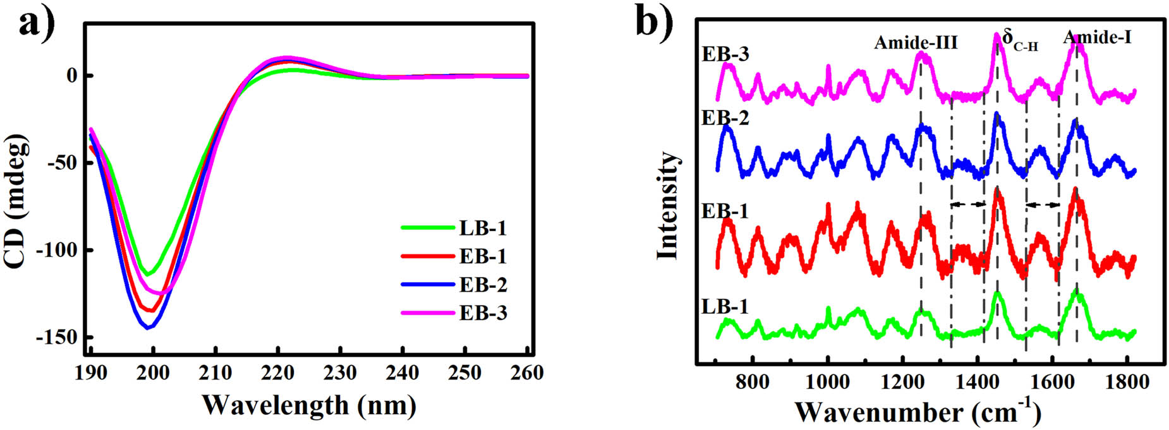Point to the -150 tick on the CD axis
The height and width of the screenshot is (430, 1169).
(59, 338)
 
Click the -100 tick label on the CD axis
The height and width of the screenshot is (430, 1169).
(59, 251)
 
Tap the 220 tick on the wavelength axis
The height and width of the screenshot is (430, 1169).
(279, 373)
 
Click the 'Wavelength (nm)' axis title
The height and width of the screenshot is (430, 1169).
(309, 405)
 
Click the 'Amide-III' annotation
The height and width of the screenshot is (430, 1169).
(916, 42)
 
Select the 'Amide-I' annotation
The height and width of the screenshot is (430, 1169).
(1097, 37)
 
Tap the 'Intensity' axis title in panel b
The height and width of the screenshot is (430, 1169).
(667, 206)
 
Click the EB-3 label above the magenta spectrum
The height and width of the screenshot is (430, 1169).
(725, 54)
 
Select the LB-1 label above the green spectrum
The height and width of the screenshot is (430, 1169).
(725, 307)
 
